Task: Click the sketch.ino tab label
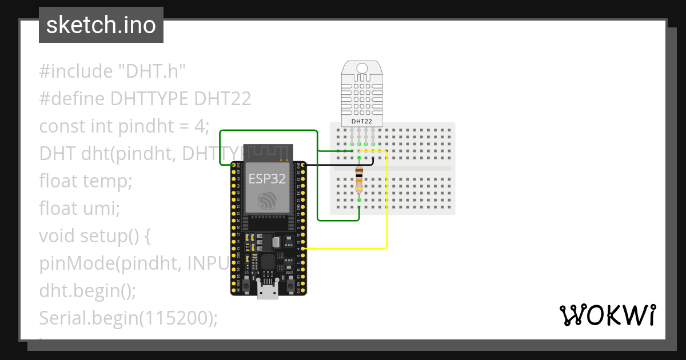click(x=101, y=25)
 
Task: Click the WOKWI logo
click(x=607, y=315)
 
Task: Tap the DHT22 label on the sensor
click(x=362, y=121)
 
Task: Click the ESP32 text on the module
click(x=266, y=178)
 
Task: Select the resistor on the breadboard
click(x=358, y=179)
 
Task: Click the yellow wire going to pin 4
click(x=386, y=217)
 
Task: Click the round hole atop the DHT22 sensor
click(x=362, y=69)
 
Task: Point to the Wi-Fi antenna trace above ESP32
click(x=268, y=152)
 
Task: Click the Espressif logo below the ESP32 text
click(x=268, y=201)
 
